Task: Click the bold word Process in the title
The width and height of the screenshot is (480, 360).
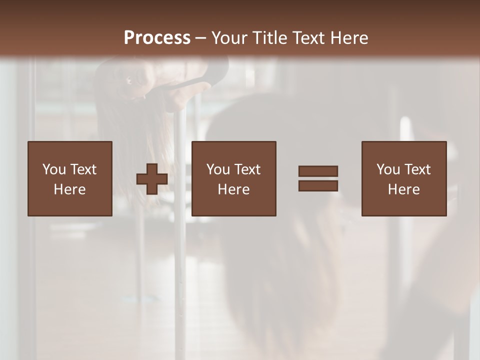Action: (157, 38)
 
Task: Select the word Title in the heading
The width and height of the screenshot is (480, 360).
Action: (271, 38)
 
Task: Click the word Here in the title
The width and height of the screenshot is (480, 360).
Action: (351, 38)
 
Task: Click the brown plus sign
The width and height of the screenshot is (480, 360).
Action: (152, 179)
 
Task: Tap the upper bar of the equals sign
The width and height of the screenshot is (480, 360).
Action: (318, 171)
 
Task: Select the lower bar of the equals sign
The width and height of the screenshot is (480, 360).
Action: (318, 186)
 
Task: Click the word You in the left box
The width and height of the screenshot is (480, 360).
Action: (54, 169)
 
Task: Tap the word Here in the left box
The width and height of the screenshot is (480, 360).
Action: (69, 189)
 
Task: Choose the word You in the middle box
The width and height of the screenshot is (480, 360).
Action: (218, 169)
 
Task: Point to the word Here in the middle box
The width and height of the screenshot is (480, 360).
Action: (233, 189)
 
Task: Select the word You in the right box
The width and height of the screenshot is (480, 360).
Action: (388, 169)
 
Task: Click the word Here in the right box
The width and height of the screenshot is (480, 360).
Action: (403, 189)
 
